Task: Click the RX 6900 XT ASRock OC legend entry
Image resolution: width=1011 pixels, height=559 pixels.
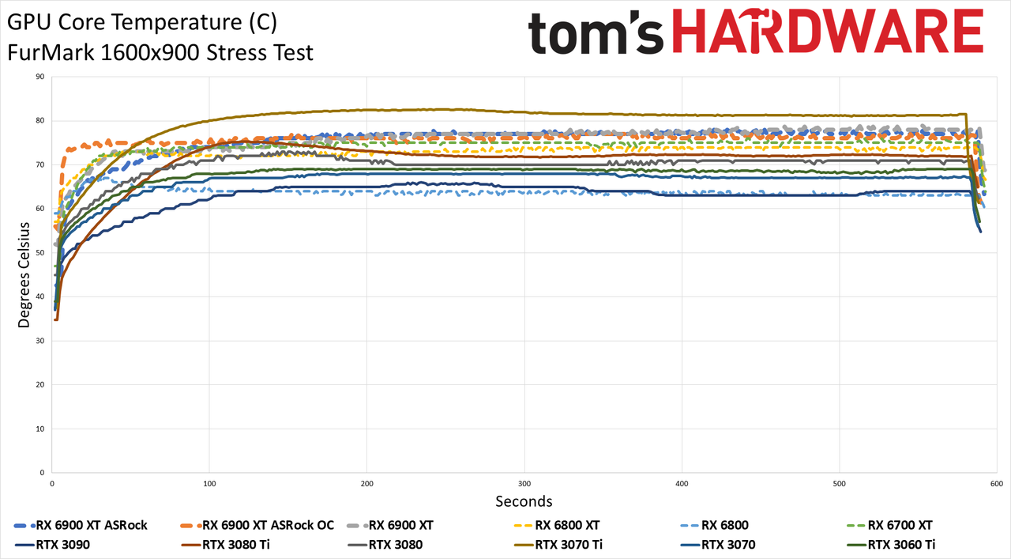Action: (257, 525)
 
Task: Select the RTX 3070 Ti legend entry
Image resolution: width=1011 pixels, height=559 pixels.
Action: (558, 545)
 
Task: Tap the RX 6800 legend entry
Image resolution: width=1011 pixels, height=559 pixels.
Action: (715, 525)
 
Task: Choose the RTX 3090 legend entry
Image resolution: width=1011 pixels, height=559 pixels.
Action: (52, 545)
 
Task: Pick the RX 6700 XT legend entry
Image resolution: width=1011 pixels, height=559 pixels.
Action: (889, 525)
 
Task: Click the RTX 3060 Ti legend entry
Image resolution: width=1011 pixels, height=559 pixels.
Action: (891, 545)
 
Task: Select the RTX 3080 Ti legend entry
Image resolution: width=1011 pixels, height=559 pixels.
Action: (225, 545)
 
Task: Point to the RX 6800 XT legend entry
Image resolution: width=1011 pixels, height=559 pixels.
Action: (557, 525)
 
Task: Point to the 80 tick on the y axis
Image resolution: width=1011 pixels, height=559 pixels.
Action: (40, 121)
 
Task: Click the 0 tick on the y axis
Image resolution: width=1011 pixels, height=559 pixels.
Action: (43, 473)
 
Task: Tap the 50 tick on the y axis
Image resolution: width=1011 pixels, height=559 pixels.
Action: (40, 252)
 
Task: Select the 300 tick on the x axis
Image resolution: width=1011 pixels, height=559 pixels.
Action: (524, 484)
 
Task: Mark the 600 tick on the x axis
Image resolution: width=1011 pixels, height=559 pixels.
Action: (997, 484)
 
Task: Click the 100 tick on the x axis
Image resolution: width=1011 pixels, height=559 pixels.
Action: (209, 484)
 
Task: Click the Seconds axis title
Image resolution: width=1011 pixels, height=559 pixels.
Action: (524, 501)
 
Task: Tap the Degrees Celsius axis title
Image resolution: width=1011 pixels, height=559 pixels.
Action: (24, 274)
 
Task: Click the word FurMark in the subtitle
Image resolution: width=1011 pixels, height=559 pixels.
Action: (51, 53)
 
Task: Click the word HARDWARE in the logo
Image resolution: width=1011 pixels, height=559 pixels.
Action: (828, 31)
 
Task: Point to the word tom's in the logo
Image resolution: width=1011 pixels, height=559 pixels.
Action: (596, 33)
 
